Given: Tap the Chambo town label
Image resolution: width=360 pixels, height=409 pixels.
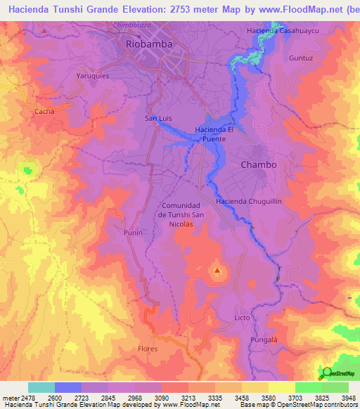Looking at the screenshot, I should click(x=259, y=164).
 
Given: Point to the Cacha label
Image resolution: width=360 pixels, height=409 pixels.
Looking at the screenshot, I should click(x=44, y=111).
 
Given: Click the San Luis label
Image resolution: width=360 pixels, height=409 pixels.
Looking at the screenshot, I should click(x=158, y=118).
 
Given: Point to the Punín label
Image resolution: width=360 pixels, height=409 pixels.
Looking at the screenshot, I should click(x=133, y=232).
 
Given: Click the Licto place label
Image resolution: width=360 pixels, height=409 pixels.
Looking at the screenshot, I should click(x=242, y=318).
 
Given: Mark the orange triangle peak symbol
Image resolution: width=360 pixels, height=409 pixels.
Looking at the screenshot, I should click(x=217, y=270).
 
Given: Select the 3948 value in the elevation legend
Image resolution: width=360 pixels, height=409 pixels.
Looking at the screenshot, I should click(x=349, y=398).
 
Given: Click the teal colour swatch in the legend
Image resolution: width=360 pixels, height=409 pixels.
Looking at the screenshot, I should click(x=41, y=387).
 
